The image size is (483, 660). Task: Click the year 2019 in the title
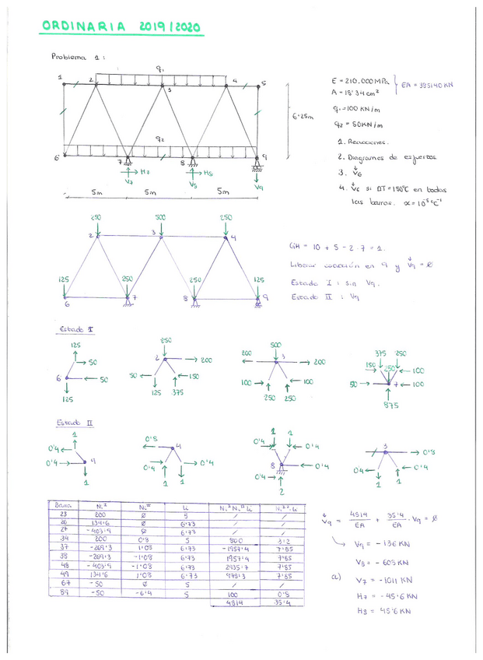(x=156, y=26)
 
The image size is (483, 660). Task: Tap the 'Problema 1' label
(x=77, y=57)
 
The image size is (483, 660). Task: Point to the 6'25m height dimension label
(x=303, y=117)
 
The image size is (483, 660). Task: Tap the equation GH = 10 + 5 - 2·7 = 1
(x=327, y=247)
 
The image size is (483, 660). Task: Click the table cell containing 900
(x=236, y=539)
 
